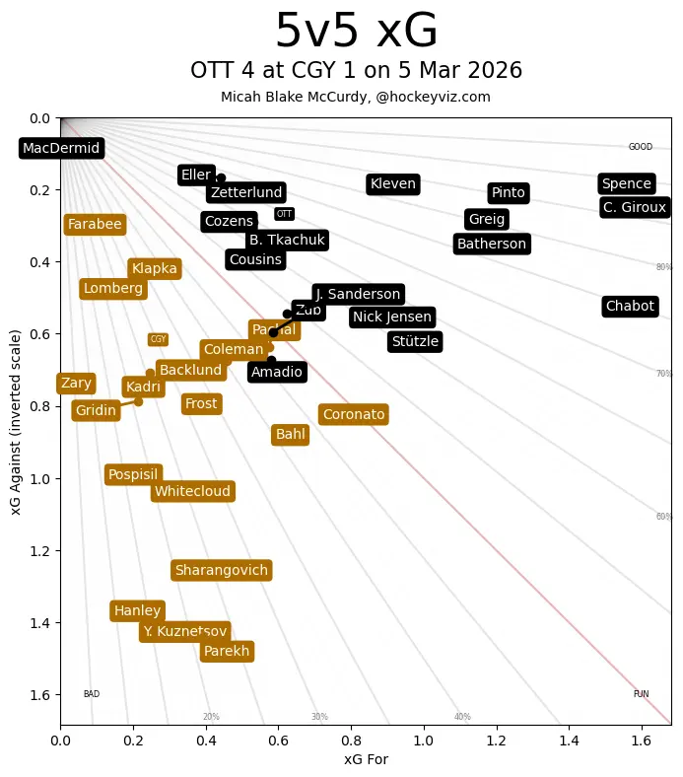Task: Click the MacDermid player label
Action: pos(61,148)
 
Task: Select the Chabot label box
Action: pos(630,306)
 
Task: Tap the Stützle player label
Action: pos(415,341)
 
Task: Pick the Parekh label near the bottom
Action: pos(227,651)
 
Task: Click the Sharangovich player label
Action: pos(222,570)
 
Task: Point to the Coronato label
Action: pos(354,414)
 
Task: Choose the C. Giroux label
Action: pos(635,207)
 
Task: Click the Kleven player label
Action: pos(392,183)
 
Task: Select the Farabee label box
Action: pos(95,224)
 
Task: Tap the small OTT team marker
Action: pos(284,214)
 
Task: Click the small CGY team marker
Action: pos(158,339)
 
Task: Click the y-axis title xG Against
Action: pos(16,422)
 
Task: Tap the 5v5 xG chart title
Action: pos(356,32)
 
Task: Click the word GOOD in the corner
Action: pos(641,147)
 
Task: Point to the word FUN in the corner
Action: pos(641,694)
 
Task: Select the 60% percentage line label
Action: pos(664,517)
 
